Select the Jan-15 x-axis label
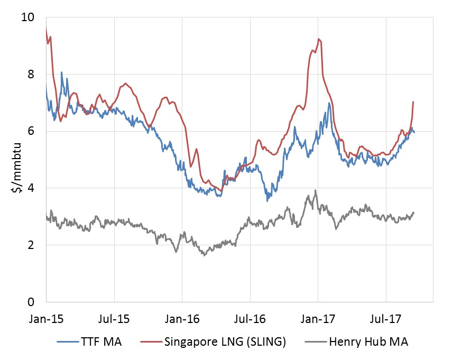[x=46, y=319]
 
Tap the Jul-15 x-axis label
[x=114, y=319]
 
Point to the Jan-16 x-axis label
[x=182, y=319]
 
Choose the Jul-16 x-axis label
[x=250, y=319]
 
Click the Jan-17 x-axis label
[x=318, y=319]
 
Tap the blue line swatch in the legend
[x=69, y=342]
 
